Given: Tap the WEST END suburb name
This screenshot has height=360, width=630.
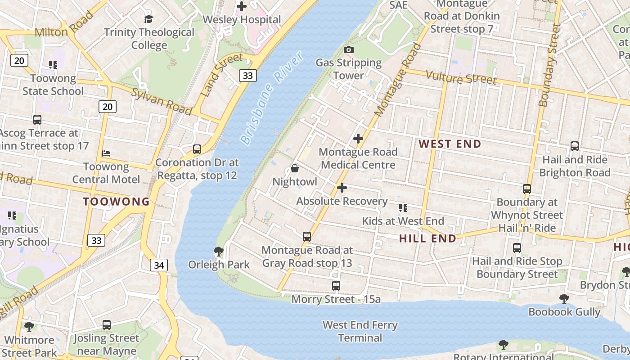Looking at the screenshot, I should (450, 144).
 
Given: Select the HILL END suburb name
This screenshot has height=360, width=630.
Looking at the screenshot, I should (427, 238).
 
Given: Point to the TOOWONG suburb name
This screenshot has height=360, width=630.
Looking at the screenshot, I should (116, 202).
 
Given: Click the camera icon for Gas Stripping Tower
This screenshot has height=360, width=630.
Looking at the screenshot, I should (348, 49).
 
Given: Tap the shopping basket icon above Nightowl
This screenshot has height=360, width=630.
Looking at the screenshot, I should (295, 169).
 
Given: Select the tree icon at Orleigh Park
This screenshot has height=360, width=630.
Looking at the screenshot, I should (219, 251).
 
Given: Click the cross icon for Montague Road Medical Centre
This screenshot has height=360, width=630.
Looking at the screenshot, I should (358, 139).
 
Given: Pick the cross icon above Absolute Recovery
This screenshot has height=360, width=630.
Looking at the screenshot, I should (342, 188).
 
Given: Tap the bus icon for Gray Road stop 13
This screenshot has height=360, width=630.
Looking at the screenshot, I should (307, 237).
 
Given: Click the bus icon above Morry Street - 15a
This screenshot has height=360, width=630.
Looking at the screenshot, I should (336, 286).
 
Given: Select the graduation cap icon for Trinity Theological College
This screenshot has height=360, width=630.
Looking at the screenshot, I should (148, 19).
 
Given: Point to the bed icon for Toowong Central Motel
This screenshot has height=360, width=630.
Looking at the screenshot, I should (106, 153).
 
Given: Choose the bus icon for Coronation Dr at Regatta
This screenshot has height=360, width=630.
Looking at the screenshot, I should (197, 149).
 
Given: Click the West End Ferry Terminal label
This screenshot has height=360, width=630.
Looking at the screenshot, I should (360, 331).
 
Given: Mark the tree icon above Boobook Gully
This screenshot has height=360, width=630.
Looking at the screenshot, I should (564, 299).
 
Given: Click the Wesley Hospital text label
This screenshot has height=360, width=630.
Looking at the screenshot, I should (242, 20).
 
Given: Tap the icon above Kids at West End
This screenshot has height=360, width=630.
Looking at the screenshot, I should (403, 208).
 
